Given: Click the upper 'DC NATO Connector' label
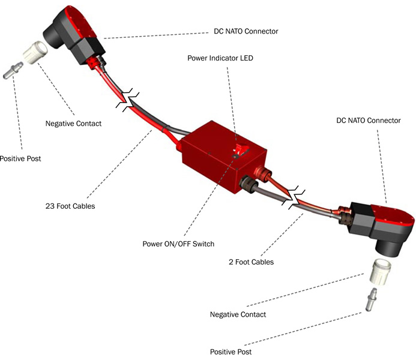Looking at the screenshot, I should click(x=246, y=31).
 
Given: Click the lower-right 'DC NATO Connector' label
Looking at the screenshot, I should click(x=368, y=121).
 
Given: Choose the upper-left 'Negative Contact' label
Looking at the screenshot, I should click(x=73, y=124).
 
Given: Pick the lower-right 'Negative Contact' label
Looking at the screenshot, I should click(x=238, y=314).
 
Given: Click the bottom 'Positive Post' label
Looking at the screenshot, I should click(x=231, y=352).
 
